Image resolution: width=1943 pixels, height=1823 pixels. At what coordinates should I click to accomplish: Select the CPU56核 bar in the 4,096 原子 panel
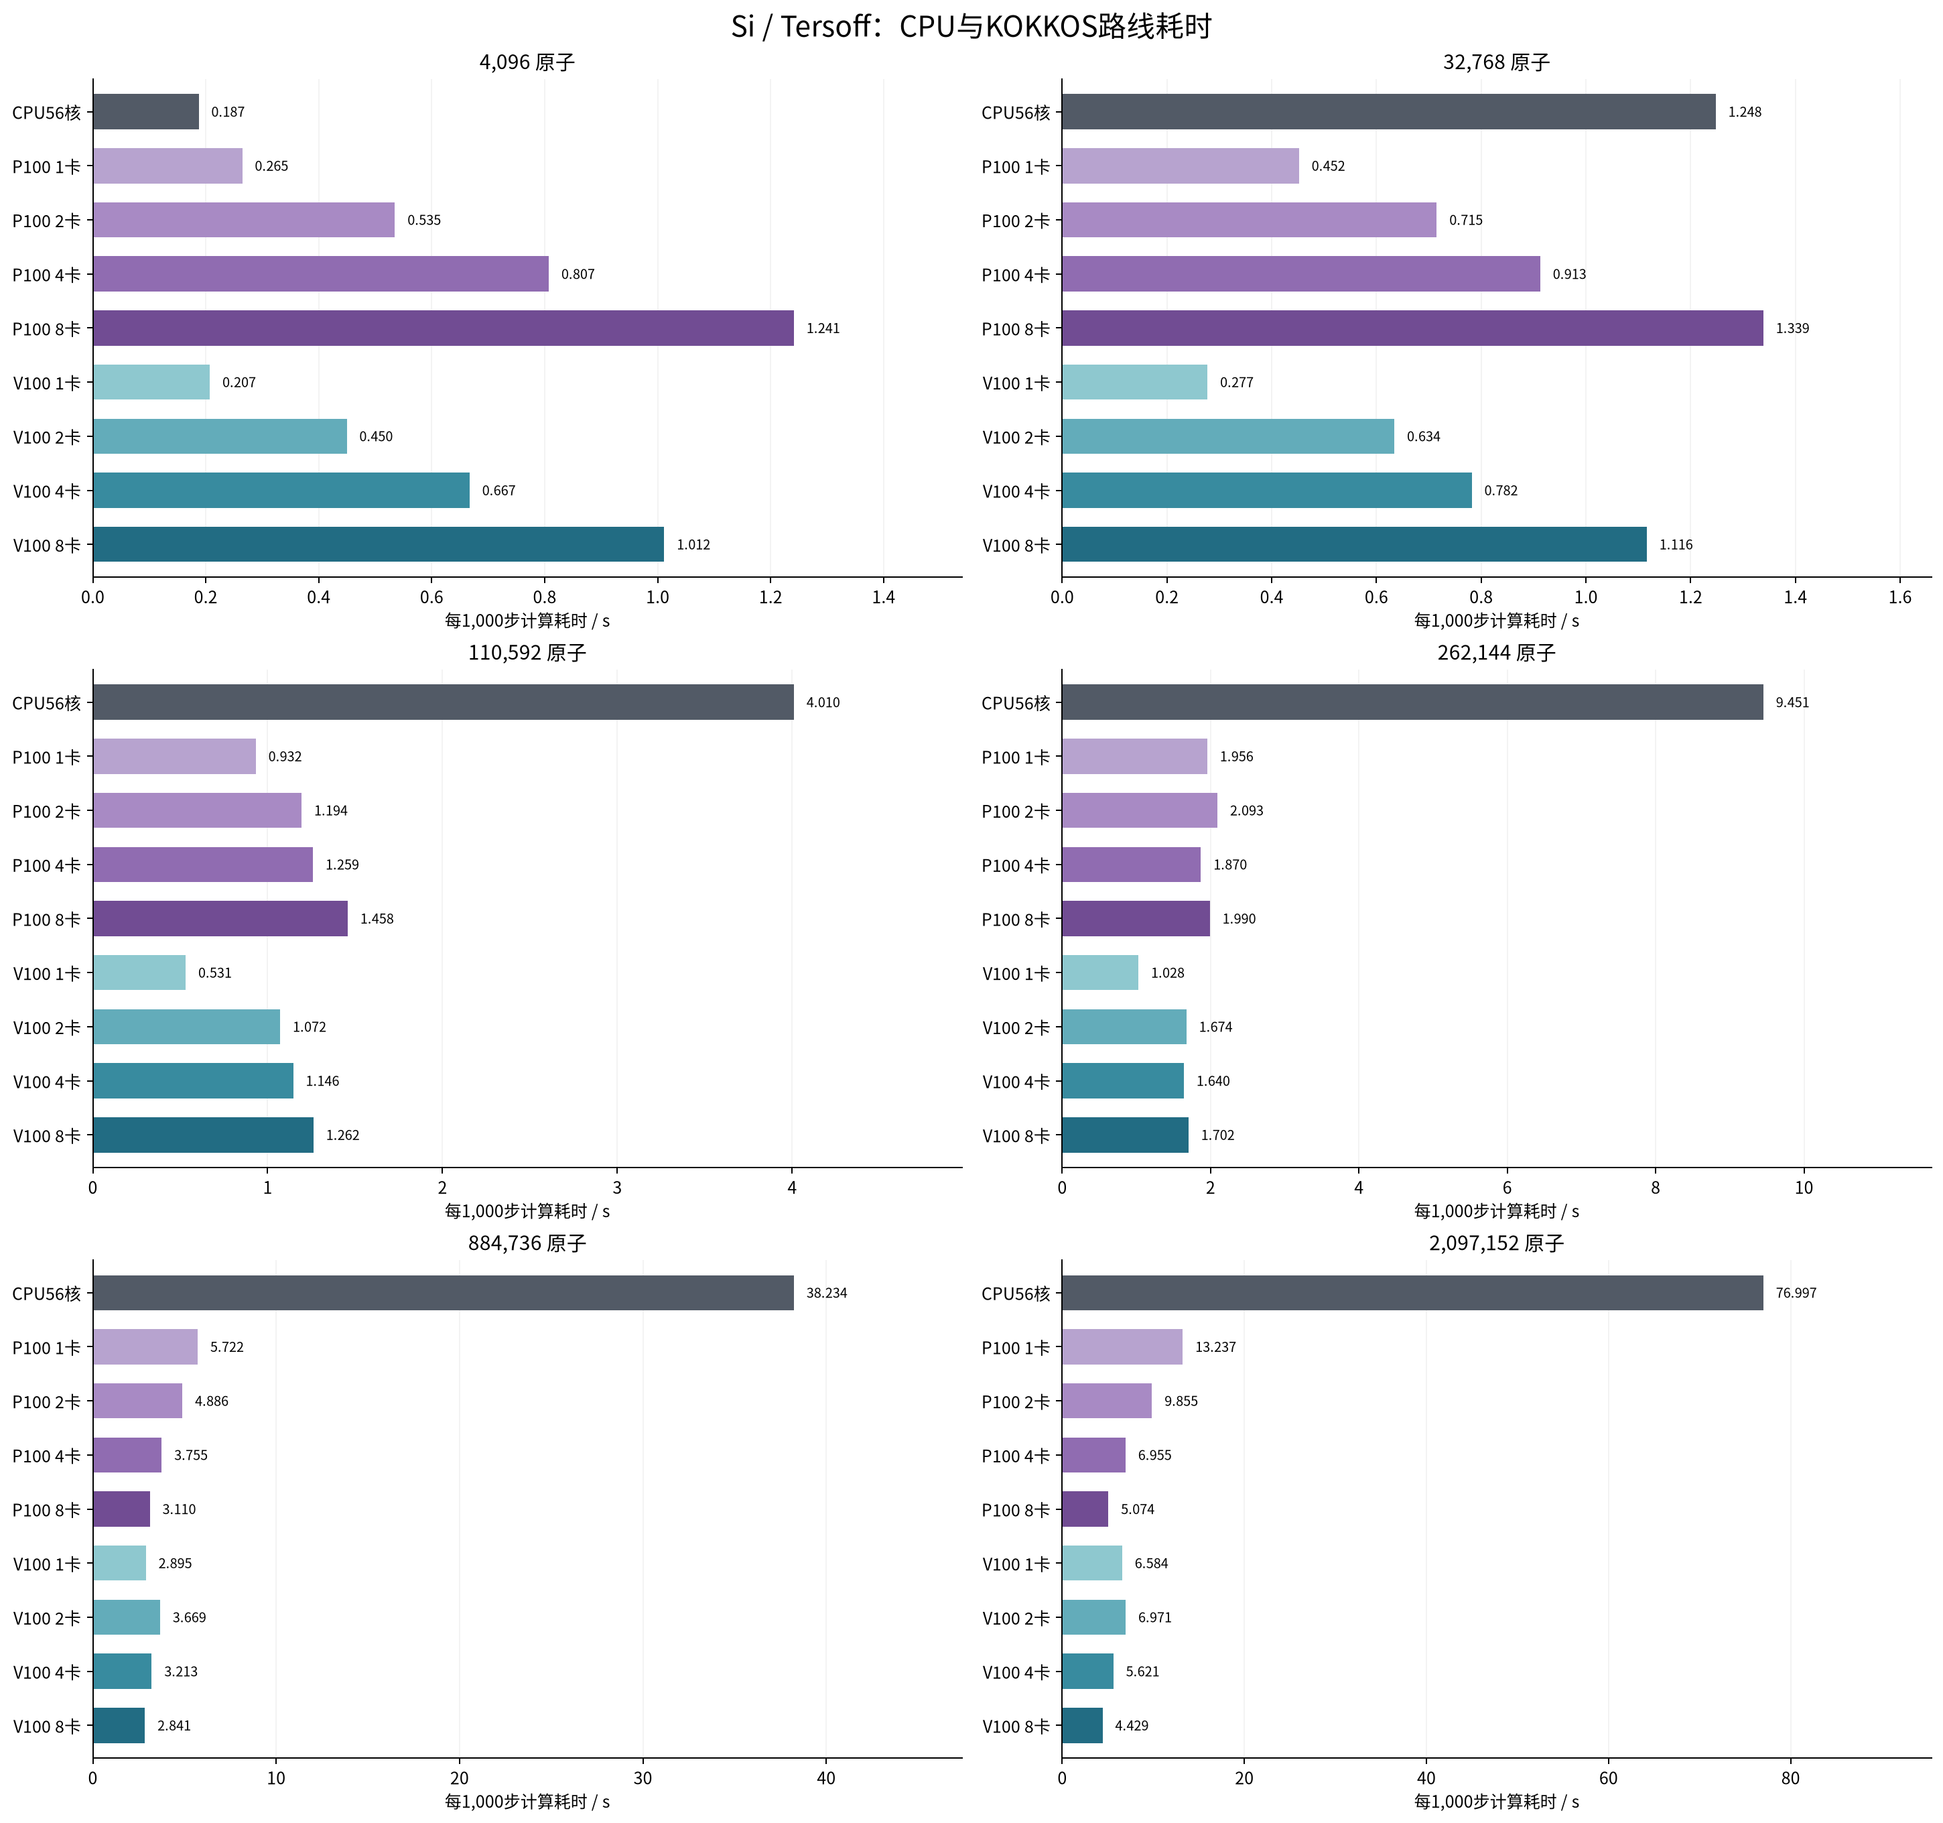click(x=145, y=111)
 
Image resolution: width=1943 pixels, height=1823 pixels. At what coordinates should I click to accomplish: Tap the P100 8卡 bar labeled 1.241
click(x=443, y=328)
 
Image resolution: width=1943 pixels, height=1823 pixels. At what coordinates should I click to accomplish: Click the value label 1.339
click(x=1792, y=328)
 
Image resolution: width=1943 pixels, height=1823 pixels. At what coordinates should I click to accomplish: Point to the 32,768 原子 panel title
click(x=1496, y=62)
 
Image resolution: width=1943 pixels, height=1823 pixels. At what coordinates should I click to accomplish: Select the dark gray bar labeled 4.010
click(x=443, y=702)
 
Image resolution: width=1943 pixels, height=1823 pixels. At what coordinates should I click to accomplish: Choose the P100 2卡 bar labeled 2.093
click(x=1140, y=810)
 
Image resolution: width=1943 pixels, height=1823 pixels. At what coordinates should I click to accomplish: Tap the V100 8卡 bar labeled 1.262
click(x=203, y=1135)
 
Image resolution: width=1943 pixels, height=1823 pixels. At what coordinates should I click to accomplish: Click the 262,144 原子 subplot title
click(x=1496, y=653)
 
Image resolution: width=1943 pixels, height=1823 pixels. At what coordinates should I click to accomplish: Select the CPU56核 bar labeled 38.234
click(x=443, y=1292)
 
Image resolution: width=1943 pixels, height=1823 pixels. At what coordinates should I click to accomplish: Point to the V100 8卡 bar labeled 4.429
click(x=1082, y=1725)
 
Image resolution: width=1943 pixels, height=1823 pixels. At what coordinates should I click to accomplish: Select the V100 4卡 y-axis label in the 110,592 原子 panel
click(x=46, y=1082)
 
